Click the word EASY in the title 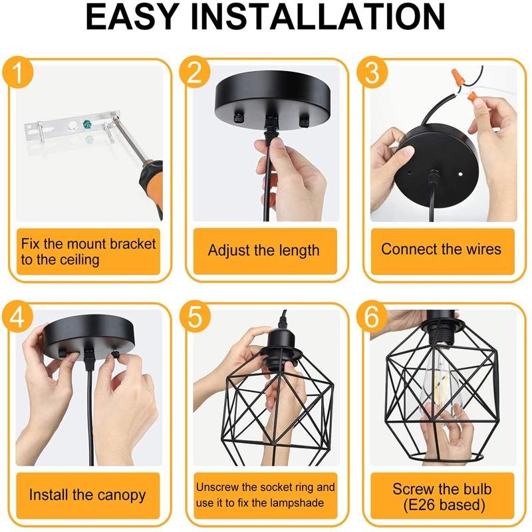[132, 17]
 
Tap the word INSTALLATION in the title [318, 17]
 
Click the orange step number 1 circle [18, 72]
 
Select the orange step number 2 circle [195, 72]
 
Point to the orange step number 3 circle [372, 72]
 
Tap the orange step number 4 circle [18, 318]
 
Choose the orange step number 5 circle [195, 318]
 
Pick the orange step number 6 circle [372, 318]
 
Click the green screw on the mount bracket [87, 124]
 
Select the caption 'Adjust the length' [263, 251]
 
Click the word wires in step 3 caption [484, 249]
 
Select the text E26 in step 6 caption [421, 505]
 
